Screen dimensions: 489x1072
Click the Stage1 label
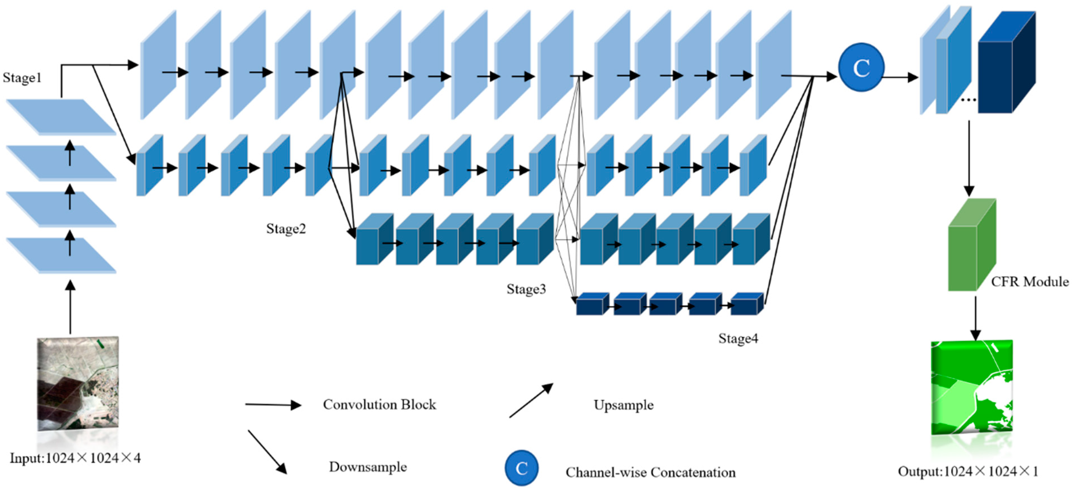click(22, 78)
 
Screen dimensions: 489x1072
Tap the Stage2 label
click(286, 229)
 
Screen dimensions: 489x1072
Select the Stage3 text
click(526, 289)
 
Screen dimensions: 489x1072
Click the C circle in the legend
click(522, 468)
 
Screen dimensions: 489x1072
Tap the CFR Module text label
click(1030, 282)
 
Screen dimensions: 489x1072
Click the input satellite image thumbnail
click(78, 384)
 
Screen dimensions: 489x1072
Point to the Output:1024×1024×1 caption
click(968, 472)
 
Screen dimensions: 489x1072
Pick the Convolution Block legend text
click(379, 405)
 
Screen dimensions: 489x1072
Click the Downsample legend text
click(368, 467)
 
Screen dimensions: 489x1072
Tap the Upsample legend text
click(623, 405)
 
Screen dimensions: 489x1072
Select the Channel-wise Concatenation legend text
click(650, 472)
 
